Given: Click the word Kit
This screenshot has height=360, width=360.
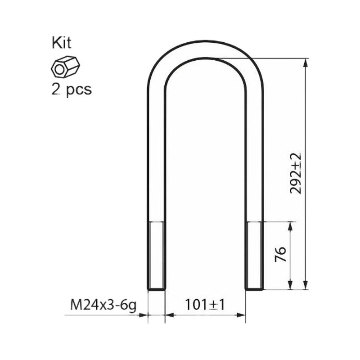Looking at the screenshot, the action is pos(62,43).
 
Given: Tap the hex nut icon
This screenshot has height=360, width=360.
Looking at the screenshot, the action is pos(65,67).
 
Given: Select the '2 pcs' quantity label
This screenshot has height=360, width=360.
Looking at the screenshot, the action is pos(72,90).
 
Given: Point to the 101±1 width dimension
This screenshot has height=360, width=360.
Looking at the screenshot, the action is pos(205,305).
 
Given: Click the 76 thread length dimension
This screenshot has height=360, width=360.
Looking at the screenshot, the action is pos(281,254).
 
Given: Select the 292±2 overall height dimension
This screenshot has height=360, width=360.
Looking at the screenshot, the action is pos(296,174).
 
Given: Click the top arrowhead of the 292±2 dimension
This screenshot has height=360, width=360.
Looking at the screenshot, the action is pos(305,63).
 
